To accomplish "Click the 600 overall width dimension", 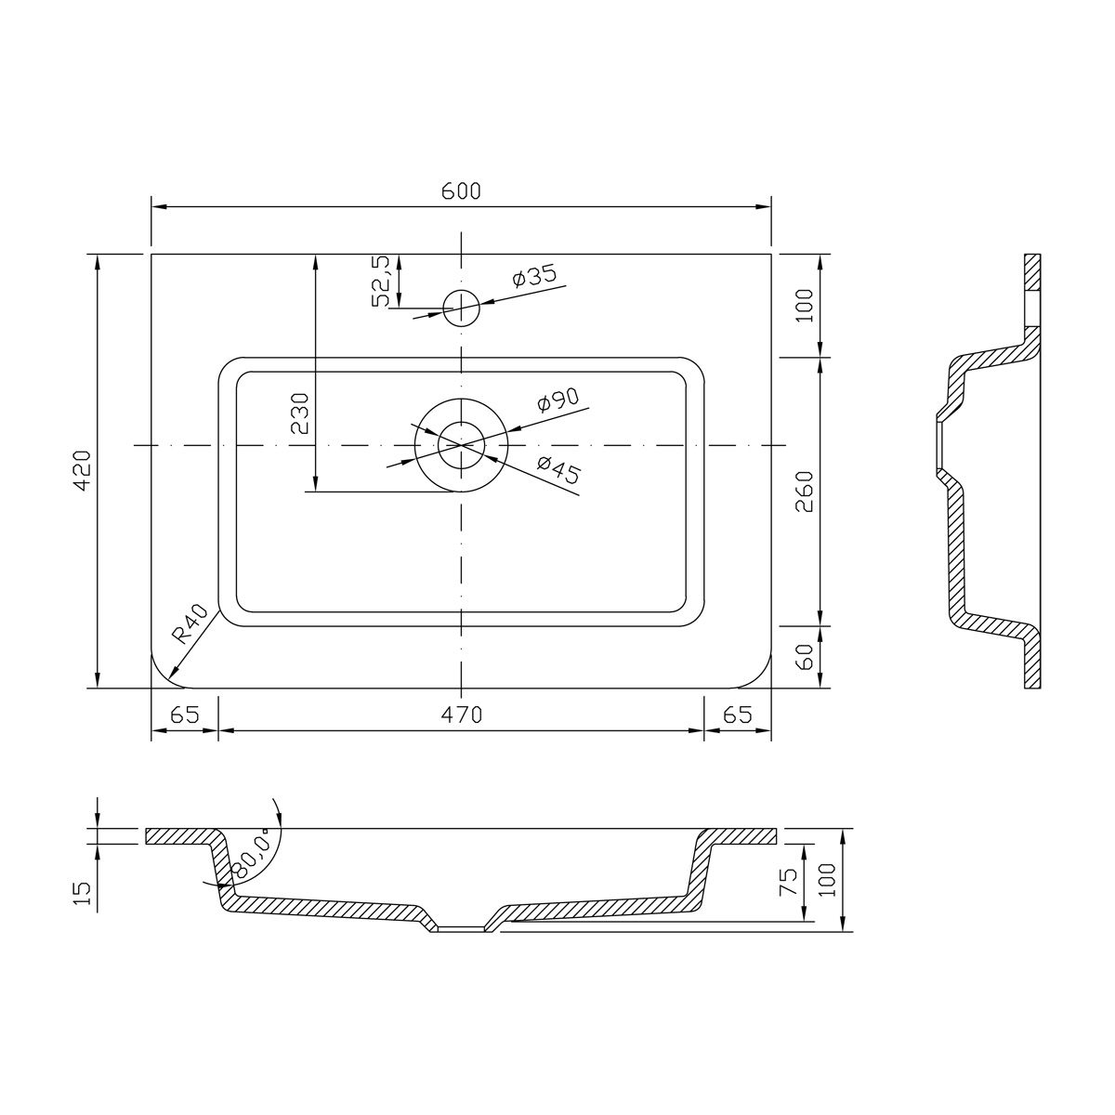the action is tap(461, 191).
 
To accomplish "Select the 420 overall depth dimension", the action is tap(82, 470).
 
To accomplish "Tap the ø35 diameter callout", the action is tap(534, 276).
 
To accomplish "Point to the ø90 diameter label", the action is tap(557, 400).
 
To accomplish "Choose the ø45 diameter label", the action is tap(558, 469).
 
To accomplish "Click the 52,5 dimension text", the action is tap(382, 281).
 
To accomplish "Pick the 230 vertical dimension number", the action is tap(300, 413).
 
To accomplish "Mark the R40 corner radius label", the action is tap(190, 624).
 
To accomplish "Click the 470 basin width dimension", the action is tap(461, 715).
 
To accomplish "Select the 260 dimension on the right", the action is tap(805, 492).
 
